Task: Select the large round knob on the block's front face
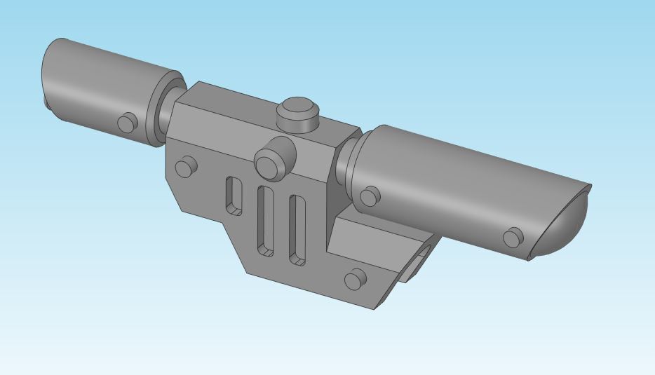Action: coord(271,163)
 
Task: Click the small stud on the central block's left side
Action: coord(185,167)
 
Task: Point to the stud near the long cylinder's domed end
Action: coord(514,237)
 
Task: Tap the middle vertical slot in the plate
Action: coord(266,220)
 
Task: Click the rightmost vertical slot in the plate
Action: coord(297,230)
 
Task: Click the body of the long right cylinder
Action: coord(456,182)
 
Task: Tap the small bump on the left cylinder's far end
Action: coord(47,102)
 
